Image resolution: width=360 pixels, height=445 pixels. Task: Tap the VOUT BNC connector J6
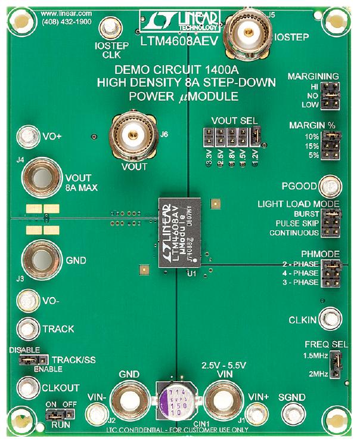[x=135, y=137]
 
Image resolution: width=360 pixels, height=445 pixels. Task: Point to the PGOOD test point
[x=327, y=187]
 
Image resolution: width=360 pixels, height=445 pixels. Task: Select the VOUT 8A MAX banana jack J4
[x=40, y=178]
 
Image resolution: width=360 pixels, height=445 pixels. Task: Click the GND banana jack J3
[x=40, y=259]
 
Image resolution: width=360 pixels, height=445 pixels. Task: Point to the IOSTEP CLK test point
[x=110, y=28]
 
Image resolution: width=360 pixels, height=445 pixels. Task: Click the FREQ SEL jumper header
[x=334, y=364]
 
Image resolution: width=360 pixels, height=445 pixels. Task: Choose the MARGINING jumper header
[x=329, y=96]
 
